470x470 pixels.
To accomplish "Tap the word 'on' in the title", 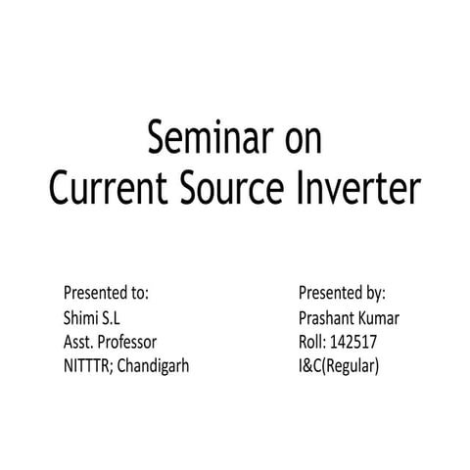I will click(298, 138).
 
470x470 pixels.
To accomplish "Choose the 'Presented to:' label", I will click(106, 292).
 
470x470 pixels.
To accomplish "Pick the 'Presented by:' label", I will click(342, 292).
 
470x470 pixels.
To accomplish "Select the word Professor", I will click(128, 343).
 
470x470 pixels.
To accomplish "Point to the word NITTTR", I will click(87, 368).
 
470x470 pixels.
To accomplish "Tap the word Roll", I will click(312, 343).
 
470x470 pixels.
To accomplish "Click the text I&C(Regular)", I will click(338, 368).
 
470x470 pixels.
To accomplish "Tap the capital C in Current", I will click(61, 187).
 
